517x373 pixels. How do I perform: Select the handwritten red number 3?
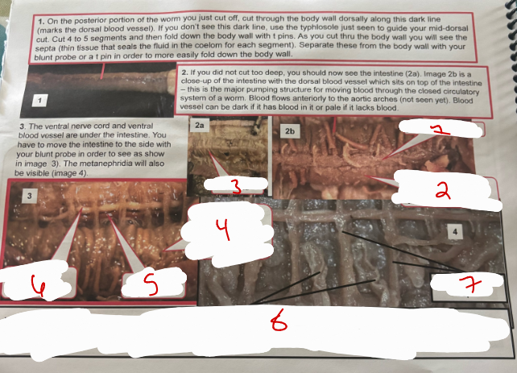tap(235, 188)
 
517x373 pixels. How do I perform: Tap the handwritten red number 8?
tap(278, 324)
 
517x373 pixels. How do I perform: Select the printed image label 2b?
tap(291, 129)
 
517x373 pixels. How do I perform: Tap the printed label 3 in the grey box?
tap(30, 195)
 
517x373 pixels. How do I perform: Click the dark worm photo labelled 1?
tap(93, 89)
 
